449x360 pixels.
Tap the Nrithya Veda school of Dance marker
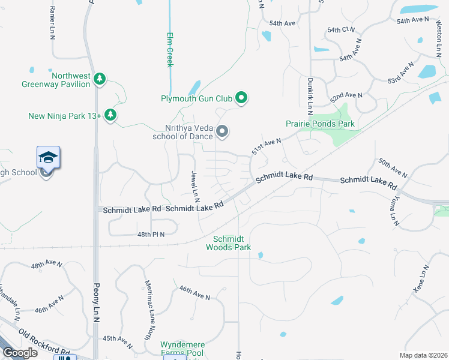(222, 131)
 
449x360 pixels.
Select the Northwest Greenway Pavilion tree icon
(100, 79)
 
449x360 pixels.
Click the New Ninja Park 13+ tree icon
(110, 115)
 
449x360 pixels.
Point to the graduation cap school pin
(48, 158)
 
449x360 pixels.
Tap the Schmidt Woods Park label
(228, 242)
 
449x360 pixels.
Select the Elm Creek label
(169, 49)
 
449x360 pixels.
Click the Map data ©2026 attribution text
(424, 355)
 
